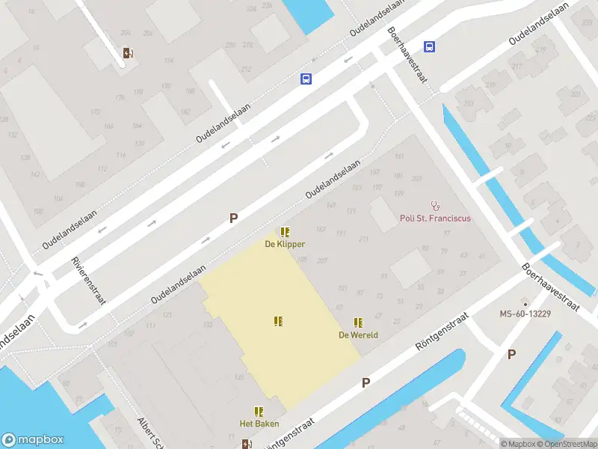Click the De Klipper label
coord(285,244)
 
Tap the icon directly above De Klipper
coord(285,232)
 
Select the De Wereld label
coord(358,334)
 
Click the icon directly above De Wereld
coord(358,323)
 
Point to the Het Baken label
coord(259,424)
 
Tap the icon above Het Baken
coord(259,412)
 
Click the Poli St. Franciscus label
coord(435,219)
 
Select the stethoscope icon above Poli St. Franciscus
coord(435,205)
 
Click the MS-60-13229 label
coord(525,314)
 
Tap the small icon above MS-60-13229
coord(525,302)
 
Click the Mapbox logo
coord(31,440)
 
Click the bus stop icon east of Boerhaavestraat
coord(429,46)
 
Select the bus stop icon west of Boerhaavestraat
coord(306,79)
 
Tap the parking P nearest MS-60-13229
coord(511,355)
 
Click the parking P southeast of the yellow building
coord(366,383)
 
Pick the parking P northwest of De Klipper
coord(233,219)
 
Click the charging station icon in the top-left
coord(128,52)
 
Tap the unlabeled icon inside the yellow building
coord(278,321)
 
